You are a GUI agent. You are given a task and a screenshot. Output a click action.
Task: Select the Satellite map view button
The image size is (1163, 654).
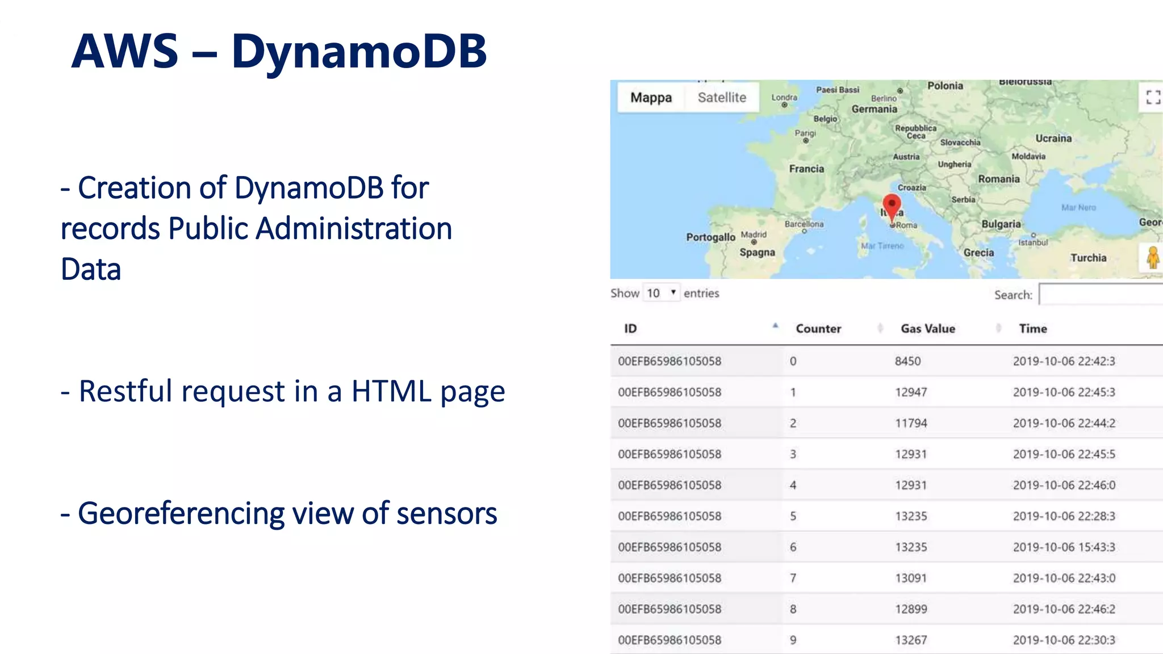(x=722, y=98)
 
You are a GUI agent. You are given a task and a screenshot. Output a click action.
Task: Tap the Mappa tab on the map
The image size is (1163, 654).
(x=651, y=98)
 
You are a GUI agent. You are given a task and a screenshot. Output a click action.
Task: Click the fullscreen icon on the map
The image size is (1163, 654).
(x=1153, y=97)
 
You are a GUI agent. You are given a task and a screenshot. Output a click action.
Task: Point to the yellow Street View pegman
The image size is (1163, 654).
(x=1153, y=258)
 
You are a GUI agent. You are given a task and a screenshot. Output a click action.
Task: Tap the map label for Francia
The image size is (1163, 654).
(x=806, y=169)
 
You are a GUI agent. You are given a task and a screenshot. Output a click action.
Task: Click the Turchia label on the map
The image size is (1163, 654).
(x=1088, y=258)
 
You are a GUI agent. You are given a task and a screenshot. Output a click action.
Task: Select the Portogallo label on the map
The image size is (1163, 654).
(x=710, y=237)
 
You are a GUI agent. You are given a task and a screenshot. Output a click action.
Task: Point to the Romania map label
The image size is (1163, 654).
(x=998, y=179)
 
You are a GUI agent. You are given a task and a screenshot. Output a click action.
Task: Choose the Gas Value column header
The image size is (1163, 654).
(x=928, y=329)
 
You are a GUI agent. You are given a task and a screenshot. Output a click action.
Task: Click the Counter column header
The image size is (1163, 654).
(x=818, y=329)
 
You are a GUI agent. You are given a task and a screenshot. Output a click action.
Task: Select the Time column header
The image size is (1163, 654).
(x=1033, y=329)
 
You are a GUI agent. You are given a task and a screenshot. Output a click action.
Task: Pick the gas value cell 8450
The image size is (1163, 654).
(x=907, y=361)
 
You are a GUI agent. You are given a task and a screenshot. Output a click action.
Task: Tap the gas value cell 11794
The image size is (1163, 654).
(x=911, y=423)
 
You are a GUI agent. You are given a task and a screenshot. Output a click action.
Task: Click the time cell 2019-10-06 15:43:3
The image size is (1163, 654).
(x=1064, y=547)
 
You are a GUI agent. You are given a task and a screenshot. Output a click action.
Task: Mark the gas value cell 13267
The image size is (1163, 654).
(x=911, y=640)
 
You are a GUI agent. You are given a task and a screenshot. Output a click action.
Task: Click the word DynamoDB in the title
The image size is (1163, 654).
(x=359, y=51)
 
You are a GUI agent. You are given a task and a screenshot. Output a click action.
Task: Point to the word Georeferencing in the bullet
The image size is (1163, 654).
(x=181, y=514)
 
